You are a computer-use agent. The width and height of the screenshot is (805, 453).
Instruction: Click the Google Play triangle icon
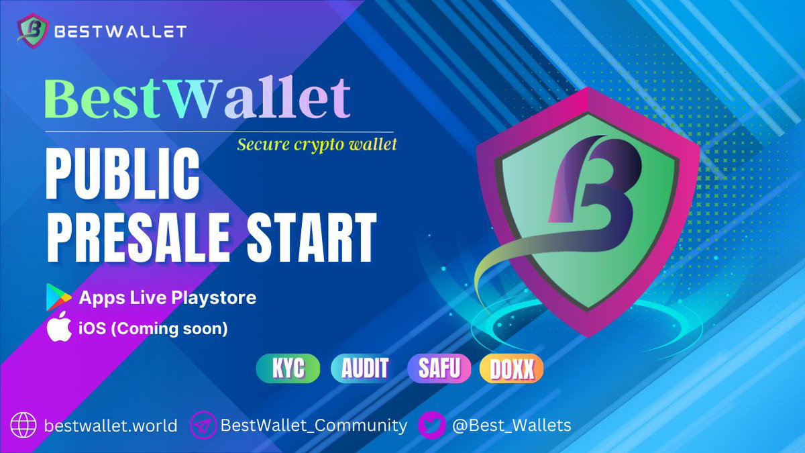tap(58, 297)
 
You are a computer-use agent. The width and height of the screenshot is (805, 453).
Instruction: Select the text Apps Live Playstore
tap(168, 297)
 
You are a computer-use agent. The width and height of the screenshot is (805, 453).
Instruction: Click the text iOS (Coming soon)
tap(154, 330)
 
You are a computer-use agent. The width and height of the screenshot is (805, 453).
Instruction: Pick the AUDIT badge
tap(363, 369)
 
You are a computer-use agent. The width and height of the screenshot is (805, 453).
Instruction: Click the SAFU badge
tap(439, 369)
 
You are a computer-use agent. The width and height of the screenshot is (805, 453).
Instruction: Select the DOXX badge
tap(511, 369)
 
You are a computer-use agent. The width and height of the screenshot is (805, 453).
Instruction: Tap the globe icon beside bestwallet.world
tap(23, 425)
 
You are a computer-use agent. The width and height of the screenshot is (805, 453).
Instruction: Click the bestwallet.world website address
tap(111, 425)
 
